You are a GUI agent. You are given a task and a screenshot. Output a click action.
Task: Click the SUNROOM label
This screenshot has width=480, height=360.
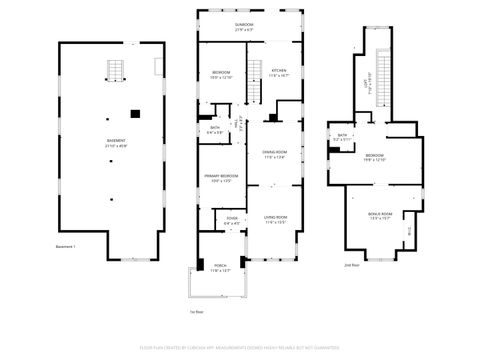[243, 25]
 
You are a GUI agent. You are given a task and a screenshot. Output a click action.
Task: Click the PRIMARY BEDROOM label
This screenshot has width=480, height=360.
[221, 178]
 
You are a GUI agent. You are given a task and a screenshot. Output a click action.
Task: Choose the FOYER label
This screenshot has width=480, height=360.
[231, 220]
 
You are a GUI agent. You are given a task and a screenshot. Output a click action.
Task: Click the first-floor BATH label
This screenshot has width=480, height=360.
[214, 129]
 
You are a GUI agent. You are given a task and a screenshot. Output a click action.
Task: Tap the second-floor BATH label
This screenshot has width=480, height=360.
[342, 137]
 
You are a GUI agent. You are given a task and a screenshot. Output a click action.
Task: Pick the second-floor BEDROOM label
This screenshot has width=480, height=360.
[375, 157]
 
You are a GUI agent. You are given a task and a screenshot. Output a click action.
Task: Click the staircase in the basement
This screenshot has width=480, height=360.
[116, 72]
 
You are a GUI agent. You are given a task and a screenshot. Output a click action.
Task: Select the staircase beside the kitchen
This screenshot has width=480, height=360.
[254, 93]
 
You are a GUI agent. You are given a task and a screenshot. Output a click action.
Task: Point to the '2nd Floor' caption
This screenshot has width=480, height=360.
[351, 266]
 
